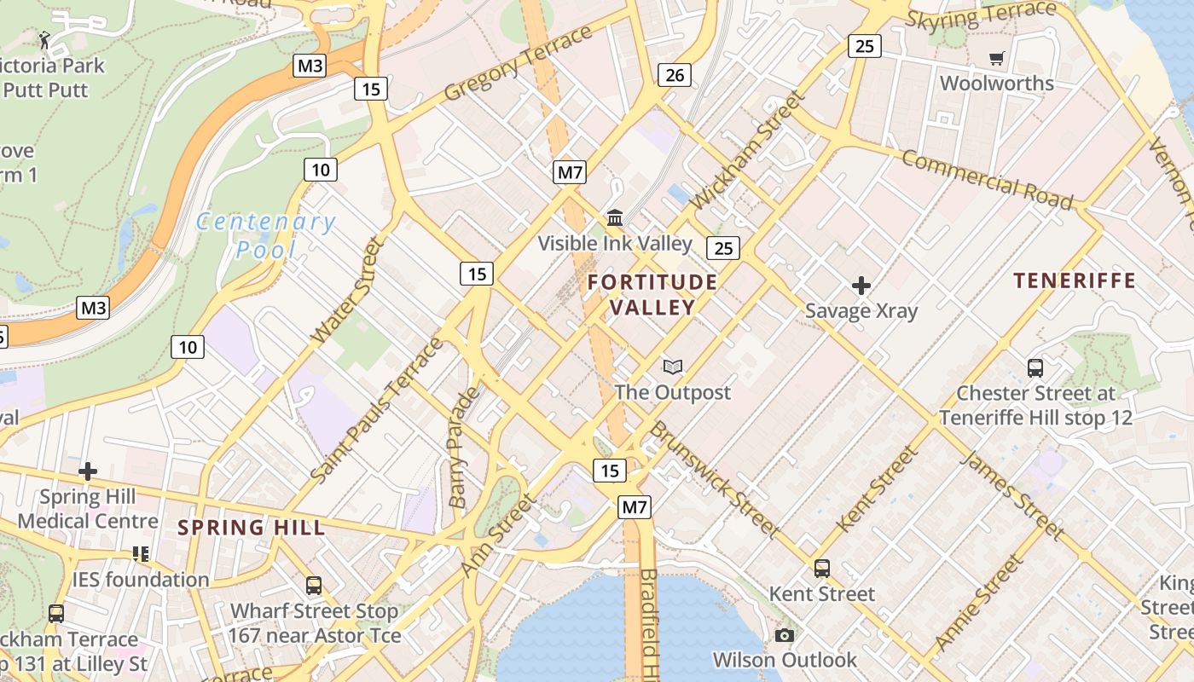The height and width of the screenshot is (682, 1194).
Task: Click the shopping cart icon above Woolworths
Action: tap(996, 58)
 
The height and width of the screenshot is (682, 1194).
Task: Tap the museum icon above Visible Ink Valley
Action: tap(615, 218)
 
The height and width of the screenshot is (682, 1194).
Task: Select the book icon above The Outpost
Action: tap(673, 367)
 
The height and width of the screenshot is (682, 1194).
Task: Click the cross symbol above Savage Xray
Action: tap(861, 285)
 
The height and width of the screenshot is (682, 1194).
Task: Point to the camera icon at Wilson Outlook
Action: tap(785, 635)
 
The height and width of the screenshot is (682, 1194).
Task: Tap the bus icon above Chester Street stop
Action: tap(1035, 368)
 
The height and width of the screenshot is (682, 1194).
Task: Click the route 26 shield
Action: tap(674, 75)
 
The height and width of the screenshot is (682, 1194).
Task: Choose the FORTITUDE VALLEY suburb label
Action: tap(652, 294)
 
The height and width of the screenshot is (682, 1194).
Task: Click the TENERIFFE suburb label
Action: tap(1075, 280)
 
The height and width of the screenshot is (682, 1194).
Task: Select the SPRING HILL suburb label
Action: tap(252, 528)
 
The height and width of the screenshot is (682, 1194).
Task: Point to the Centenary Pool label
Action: tap(265, 235)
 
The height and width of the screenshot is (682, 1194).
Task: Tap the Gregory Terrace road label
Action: tap(518, 62)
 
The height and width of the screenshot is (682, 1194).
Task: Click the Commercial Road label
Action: tap(987, 179)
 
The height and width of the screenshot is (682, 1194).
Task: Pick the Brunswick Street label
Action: tap(715, 479)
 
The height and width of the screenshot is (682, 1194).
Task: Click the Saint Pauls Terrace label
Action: tap(377, 409)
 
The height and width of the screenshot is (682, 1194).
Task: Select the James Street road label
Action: tap(1012, 495)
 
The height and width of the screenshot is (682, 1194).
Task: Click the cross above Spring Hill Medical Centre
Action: tap(88, 471)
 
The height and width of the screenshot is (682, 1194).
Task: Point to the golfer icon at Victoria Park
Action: tap(44, 38)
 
